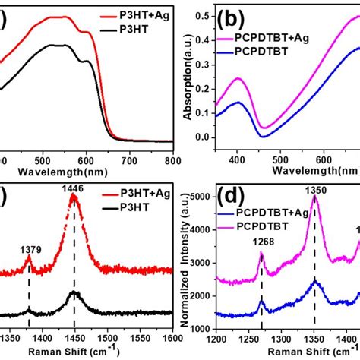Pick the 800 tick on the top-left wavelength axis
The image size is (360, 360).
[x=173, y=160]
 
